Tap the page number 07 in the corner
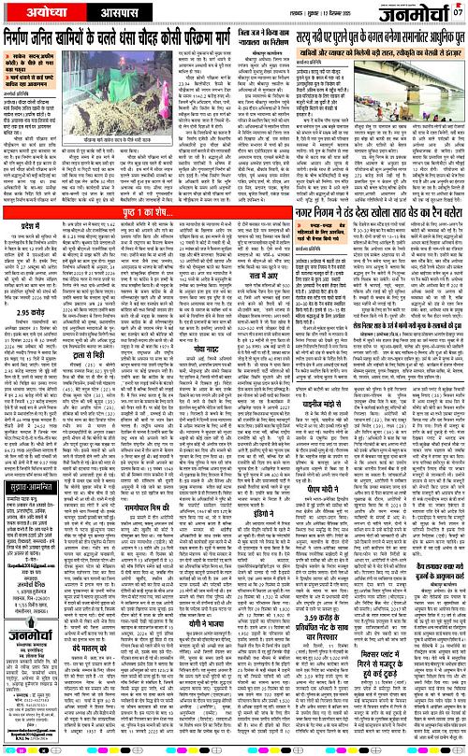pos(458,12)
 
